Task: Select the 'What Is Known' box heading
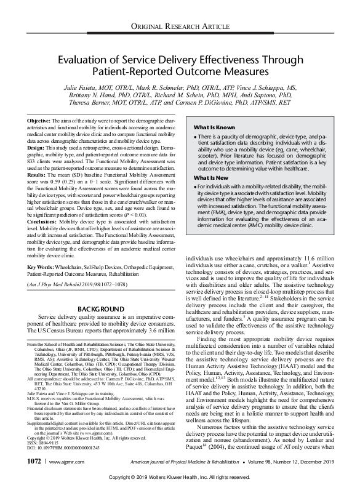[x=216, y=126]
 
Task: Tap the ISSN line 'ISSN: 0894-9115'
[x=51, y=443]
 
